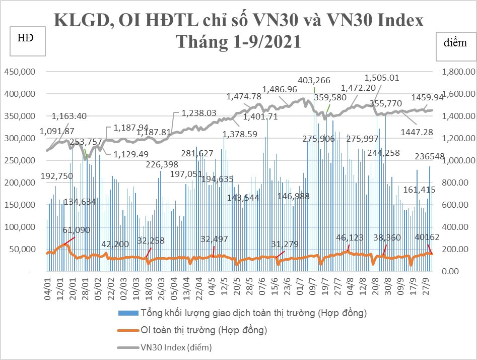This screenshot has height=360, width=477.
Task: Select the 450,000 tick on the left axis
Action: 20,72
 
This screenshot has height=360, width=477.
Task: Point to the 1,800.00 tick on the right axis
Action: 458,72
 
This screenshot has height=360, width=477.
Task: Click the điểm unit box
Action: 455,43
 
